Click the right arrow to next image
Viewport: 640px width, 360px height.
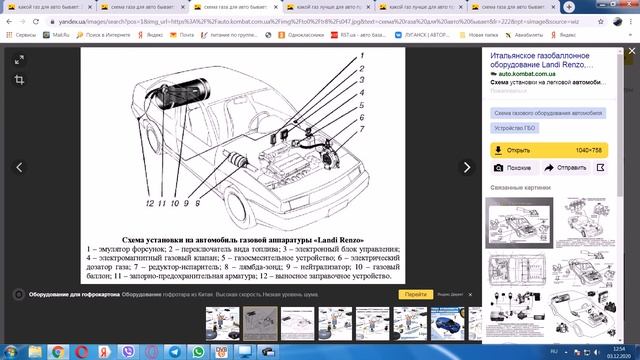[465, 167]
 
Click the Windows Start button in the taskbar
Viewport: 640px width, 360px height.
[9, 351]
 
